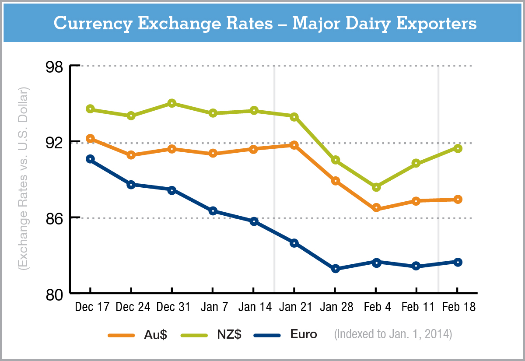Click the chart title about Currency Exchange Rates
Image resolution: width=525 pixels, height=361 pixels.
265,24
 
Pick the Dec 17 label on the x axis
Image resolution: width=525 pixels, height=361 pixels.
91,307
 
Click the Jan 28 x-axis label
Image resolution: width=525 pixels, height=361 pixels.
336,307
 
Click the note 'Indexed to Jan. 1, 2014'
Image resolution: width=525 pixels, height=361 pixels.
393,335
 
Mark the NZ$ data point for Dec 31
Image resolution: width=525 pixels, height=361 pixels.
171,103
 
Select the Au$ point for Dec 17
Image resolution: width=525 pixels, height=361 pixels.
90,139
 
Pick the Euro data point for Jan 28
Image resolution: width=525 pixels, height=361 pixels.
336,269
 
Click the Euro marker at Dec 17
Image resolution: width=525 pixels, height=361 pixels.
90,159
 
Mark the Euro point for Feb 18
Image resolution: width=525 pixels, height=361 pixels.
458,262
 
